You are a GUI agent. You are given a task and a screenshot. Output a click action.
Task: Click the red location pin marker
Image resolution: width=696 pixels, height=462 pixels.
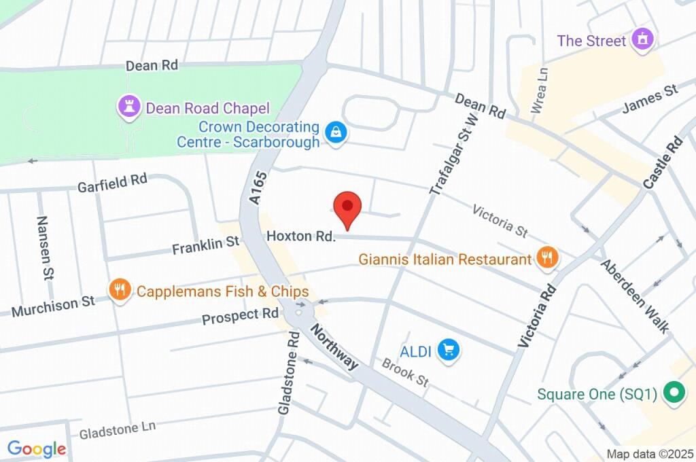coord(347,207)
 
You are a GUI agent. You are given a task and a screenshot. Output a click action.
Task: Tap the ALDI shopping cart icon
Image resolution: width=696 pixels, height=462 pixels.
coord(449,351)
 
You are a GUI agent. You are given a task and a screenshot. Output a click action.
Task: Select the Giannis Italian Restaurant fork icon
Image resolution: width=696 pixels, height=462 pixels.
coord(546,257)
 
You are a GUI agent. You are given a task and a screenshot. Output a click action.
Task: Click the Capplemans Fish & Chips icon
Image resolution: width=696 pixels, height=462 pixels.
coord(120,290)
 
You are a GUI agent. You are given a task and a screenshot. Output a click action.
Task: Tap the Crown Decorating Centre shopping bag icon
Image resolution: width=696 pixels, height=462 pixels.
coord(336,132)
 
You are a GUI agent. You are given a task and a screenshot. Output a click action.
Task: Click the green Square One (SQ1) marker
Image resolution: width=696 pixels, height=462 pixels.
coord(674,393)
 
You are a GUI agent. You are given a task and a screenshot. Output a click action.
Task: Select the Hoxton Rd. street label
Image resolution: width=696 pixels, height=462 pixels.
coord(301,236)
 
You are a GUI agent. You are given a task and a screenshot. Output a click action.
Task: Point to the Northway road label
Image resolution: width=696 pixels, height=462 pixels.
coord(334,347)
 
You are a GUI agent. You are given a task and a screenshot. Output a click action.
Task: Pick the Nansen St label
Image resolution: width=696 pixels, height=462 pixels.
coord(45,248)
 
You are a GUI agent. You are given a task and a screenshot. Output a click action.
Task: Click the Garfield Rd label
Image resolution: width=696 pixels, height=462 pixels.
coord(112,183)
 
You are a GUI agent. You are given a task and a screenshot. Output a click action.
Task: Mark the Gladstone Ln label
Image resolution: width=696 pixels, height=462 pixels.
coord(117,429)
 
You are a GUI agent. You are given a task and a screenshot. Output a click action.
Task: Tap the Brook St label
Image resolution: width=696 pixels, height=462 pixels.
coord(405,372)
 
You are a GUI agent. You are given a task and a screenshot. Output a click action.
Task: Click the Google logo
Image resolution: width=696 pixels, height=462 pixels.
coord(36,448)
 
